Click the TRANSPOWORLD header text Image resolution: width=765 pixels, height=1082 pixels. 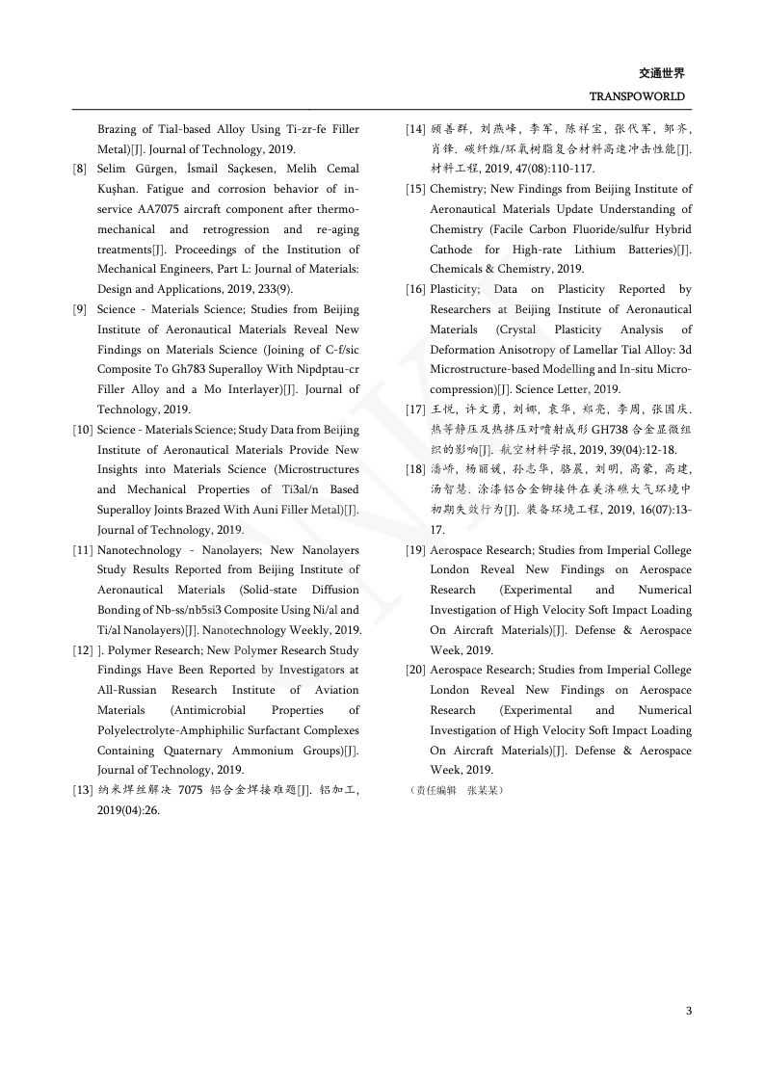636,97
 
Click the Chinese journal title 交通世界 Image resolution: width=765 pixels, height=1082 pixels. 661,73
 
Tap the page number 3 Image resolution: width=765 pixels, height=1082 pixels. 688,1011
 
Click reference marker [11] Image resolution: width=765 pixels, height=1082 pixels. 83,550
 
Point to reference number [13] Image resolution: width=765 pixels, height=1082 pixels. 83,791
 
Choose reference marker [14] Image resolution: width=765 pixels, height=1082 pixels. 415,129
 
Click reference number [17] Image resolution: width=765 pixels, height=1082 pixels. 415,409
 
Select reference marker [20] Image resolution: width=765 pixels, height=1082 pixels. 415,670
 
